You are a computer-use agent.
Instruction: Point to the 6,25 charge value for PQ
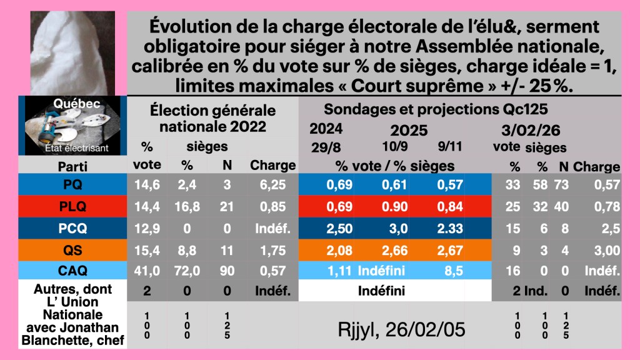pos(272,184)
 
